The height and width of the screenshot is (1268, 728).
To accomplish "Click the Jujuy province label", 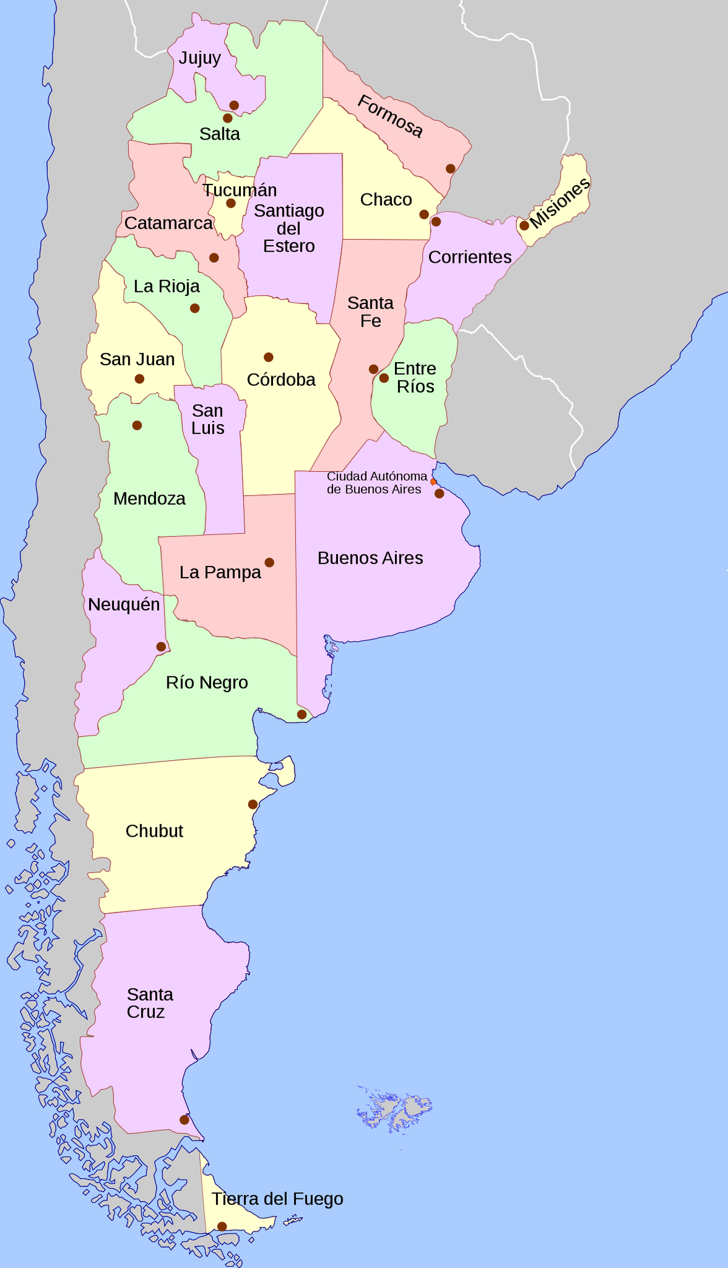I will pos(200,58).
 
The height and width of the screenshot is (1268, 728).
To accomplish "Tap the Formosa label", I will pos(389,116).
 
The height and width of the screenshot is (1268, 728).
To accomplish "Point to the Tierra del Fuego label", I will pos(277,1198).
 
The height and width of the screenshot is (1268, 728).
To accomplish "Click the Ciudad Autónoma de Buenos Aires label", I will pos(376,483).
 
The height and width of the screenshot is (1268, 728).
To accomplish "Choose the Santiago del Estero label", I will pos(289,228).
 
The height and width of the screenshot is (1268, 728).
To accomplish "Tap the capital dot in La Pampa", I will pos(269,562).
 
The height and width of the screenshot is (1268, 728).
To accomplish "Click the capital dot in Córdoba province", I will pos(268,357).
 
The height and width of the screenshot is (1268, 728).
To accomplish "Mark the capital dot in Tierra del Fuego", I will pos(222,1226).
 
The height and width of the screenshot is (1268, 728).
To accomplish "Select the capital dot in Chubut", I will pos(253,804).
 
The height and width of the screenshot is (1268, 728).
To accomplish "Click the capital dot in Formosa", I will pos(450,169).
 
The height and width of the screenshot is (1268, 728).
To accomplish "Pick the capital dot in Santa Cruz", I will pos(184,1119).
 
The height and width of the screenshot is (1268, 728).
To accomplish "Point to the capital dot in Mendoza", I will pos(137,425).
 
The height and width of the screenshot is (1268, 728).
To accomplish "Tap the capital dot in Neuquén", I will pos(161,647).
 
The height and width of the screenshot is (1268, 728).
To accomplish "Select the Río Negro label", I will pos(207,683).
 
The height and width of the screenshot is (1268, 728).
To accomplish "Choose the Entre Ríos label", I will pos(415,377).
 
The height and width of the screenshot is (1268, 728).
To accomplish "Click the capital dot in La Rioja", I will pos(195,308).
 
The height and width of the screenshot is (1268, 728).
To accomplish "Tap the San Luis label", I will pos(207,419).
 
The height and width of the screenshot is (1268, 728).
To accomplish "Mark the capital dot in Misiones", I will pos(524,226).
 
